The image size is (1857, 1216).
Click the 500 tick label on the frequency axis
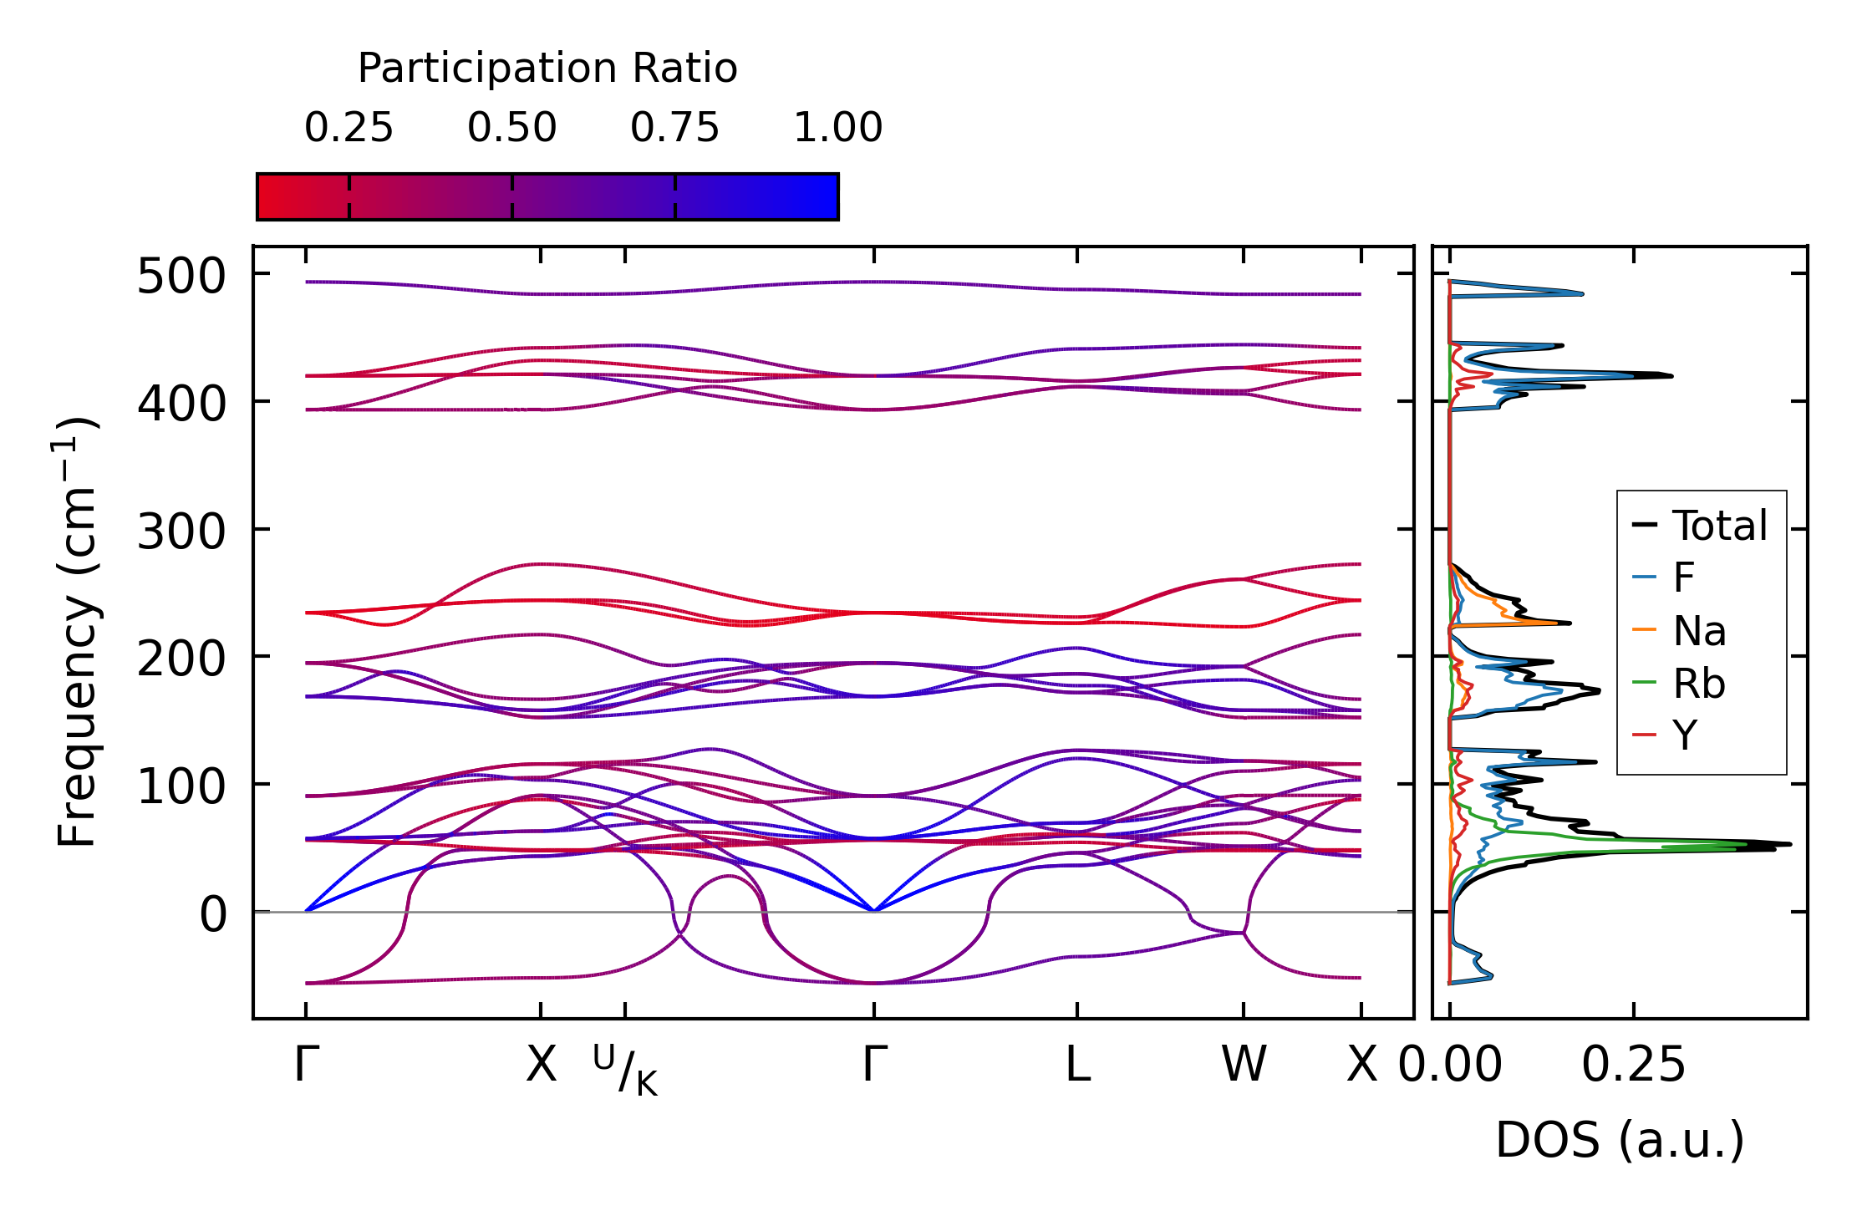(x=181, y=277)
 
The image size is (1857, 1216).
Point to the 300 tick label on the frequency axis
(x=181, y=532)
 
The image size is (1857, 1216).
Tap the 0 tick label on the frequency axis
(x=212, y=914)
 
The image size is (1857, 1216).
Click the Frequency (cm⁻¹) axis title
(x=77, y=632)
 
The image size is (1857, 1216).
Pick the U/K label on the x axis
(x=625, y=1070)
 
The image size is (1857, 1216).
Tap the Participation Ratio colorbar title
(x=547, y=68)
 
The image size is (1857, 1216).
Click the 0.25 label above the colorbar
(x=349, y=128)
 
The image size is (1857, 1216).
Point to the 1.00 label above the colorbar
(x=837, y=128)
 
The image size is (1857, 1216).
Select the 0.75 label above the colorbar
(x=674, y=128)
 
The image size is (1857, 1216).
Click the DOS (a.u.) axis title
(x=1620, y=1140)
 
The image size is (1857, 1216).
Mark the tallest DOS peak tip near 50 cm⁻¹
(x=1790, y=844)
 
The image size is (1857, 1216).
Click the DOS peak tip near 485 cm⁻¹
(x=1583, y=293)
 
